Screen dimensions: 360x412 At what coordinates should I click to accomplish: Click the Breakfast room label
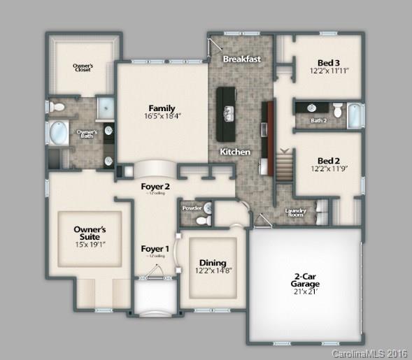[x=241, y=59]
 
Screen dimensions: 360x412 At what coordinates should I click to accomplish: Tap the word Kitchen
[x=234, y=152]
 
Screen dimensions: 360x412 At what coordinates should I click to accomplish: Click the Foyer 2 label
[x=155, y=187]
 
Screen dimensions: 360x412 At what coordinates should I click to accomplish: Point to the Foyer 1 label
[x=155, y=249]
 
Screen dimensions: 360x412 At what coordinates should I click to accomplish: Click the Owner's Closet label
[x=84, y=68]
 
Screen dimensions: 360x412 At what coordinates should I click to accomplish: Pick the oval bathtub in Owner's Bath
[x=59, y=133]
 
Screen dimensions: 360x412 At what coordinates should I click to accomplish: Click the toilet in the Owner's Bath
[x=58, y=107]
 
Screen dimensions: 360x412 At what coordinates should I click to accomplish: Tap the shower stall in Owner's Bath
[x=106, y=107]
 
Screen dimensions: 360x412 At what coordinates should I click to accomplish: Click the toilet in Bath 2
[x=337, y=110]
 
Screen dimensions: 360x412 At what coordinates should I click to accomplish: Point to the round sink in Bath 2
[x=312, y=108]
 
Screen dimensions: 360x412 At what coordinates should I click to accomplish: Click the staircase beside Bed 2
[x=283, y=168]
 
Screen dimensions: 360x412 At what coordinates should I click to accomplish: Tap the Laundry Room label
[x=294, y=213]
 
